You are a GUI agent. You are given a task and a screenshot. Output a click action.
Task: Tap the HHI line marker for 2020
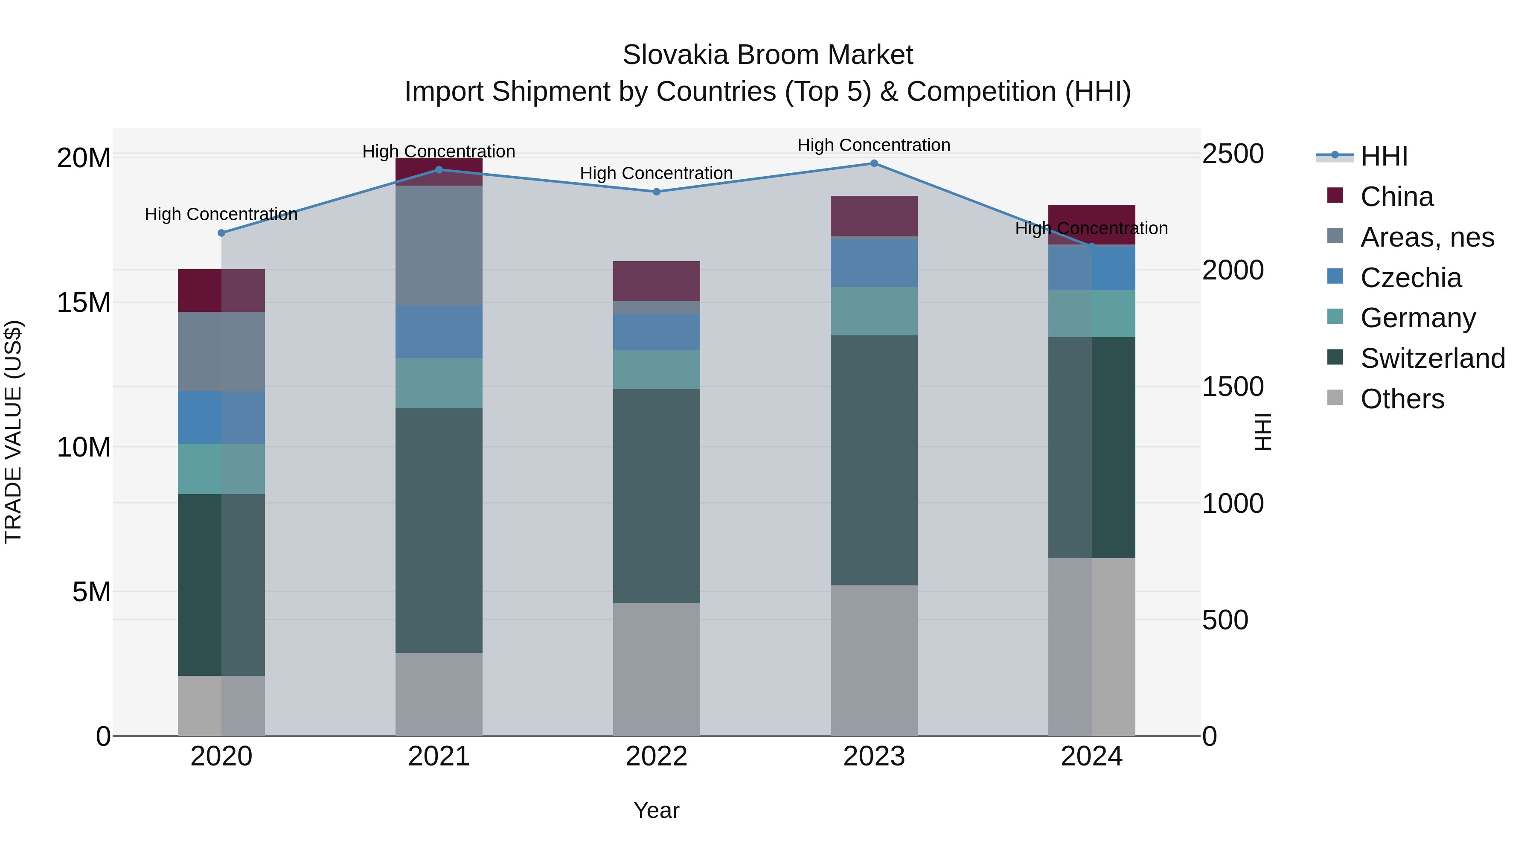point(221,233)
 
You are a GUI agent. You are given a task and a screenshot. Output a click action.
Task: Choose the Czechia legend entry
point(1410,278)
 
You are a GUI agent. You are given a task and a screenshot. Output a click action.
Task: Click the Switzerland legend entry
point(1431,358)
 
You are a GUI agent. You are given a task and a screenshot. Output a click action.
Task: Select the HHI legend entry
point(1383,156)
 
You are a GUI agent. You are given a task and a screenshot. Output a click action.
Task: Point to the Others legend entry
point(1401,399)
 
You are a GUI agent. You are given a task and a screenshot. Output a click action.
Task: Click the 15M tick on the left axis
point(84,303)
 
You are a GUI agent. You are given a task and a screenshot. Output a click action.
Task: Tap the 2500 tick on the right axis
point(1232,154)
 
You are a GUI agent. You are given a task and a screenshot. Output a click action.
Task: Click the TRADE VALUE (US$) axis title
point(13,432)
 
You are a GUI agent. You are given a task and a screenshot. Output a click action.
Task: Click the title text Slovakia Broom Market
point(768,55)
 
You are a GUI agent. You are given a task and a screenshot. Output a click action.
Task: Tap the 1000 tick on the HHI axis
point(1232,504)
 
